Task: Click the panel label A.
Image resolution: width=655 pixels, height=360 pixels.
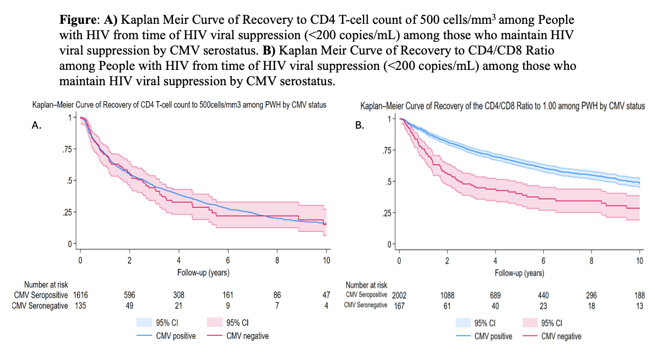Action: (37, 125)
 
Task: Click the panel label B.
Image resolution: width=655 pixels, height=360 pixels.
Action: (359, 125)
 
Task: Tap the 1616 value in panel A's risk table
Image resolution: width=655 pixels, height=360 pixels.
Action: (80, 295)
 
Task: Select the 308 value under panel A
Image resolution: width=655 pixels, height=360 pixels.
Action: (179, 295)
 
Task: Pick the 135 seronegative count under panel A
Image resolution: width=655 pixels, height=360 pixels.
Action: (80, 306)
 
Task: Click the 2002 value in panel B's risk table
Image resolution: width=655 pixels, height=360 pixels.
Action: (399, 295)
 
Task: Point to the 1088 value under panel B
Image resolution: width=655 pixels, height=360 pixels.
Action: (448, 295)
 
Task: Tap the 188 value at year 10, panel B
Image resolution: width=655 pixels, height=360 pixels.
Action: (640, 295)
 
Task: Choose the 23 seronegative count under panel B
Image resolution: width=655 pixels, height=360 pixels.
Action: (543, 306)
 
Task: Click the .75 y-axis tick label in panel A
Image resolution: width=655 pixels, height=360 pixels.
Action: (67, 149)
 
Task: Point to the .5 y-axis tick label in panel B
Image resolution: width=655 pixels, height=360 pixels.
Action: (389, 182)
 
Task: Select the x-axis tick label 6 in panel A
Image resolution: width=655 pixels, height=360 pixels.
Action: (228, 260)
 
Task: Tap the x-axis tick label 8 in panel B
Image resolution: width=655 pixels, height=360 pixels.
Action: (592, 261)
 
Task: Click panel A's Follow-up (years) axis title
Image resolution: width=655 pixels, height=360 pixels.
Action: (203, 273)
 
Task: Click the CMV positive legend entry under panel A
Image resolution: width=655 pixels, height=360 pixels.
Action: (166, 336)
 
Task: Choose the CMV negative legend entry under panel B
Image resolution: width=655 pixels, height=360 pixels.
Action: (552, 336)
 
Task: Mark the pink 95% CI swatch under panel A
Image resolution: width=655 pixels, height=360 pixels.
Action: (214, 322)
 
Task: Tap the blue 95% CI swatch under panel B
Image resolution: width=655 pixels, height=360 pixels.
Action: (463, 323)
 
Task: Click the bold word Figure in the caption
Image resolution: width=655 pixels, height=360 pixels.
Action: (78, 20)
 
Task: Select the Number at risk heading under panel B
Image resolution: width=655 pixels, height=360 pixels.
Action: (367, 285)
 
